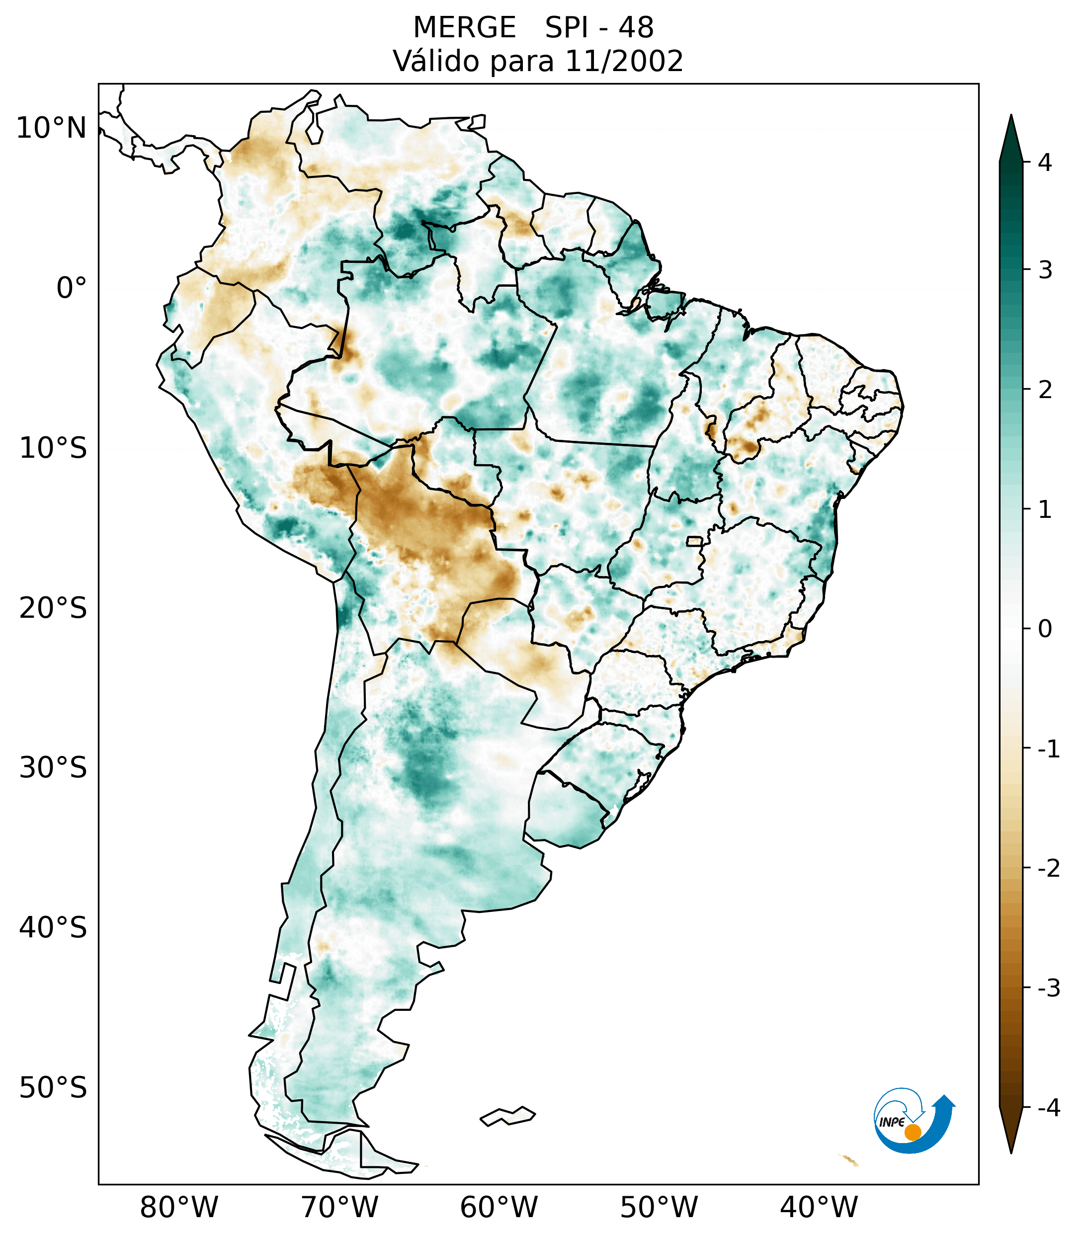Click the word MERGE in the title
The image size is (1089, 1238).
tap(464, 28)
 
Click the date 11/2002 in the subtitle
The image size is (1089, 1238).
tap(624, 61)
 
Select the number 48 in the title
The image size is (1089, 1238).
tap(636, 28)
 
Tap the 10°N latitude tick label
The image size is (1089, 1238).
tap(52, 128)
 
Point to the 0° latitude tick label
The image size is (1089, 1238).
tap(72, 288)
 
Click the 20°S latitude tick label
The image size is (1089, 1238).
tap(53, 608)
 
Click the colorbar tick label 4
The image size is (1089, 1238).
tap(1045, 163)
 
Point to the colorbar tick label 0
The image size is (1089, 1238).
tap(1045, 629)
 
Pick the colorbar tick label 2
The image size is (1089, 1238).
tap(1045, 390)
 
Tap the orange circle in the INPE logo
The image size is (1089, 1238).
tap(913, 1132)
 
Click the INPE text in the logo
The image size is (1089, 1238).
tap(892, 1122)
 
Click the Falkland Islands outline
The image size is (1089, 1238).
tap(507, 1116)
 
